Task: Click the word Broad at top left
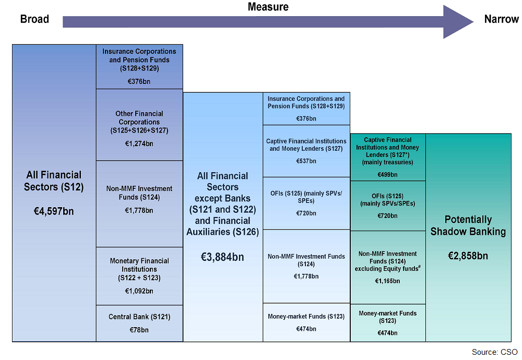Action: (x=34, y=19)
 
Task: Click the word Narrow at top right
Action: (x=501, y=19)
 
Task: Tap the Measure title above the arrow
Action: (x=268, y=7)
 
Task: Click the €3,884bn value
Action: (x=222, y=257)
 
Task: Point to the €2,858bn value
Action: (x=468, y=256)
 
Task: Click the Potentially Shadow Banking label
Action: (x=468, y=225)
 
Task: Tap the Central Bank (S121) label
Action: (x=139, y=317)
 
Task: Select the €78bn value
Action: (x=139, y=330)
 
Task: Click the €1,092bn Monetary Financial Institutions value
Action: (x=139, y=291)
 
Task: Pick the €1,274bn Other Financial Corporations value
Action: (x=139, y=143)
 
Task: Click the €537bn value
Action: (x=306, y=161)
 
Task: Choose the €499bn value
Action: (x=387, y=175)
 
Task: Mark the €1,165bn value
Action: (x=387, y=281)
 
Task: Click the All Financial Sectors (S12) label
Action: (x=54, y=181)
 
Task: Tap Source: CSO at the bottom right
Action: (x=495, y=352)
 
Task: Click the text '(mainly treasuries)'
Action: (x=387, y=162)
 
